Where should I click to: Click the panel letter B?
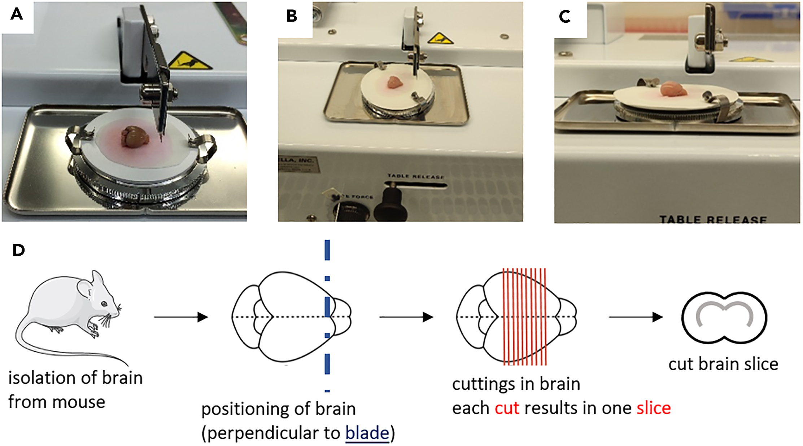[292, 16]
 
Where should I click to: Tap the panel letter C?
[565, 17]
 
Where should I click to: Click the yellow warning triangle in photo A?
[189, 61]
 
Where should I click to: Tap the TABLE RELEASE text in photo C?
[713, 219]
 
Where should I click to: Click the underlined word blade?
[367, 432]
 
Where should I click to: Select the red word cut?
[507, 408]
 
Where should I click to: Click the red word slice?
[654, 408]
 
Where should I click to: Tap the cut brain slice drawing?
[724, 317]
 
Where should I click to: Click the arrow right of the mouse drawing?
[181, 317]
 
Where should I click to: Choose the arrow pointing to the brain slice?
[636, 317]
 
